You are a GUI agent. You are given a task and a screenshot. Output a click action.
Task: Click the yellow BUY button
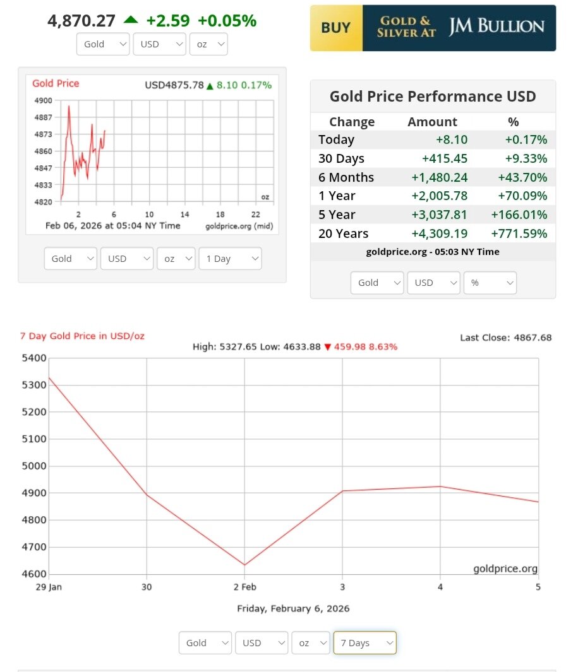pyautogui.click(x=336, y=28)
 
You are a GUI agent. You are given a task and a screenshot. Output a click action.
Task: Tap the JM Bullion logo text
pyautogui.click(x=497, y=27)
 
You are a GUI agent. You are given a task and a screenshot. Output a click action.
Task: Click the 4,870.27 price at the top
pyautogui.click(x=81, y=21)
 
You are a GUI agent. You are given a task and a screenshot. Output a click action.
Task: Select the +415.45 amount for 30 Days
pyautogui.click(x=445, y=158)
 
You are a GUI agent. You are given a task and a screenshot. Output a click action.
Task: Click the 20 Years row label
pyautogui.click(x=343, y=233)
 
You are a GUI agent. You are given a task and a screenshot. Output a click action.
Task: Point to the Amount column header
pyautogui.click(x=432, y=122)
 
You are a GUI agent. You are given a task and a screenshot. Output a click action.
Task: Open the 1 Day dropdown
pyautogui.click(x=230, y=259)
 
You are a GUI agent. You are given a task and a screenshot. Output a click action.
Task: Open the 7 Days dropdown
pyautogui.click(x=364, y=643)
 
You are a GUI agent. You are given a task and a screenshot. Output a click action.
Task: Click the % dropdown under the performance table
pyautogui.click(x=490, y=283)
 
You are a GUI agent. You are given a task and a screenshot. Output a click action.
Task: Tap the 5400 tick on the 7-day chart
pyautogui.click(x=34, y=358)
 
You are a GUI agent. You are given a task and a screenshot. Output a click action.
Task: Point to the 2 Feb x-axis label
pyautogui.click(x=244, y=587)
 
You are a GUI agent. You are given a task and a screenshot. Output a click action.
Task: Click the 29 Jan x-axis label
pyautogui.click(x=49, y=587)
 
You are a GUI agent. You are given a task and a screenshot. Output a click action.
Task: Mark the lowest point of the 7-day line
pyautogui.click(x=244, y=565)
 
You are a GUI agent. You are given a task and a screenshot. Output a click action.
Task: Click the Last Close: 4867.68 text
pyautogui.click(x=505, y=338)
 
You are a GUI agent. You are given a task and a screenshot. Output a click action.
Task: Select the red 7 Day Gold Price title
pyautogui.click(x=82, y=336)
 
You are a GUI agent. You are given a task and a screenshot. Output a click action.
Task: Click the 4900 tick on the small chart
pyautogui.click(x=44, y=101)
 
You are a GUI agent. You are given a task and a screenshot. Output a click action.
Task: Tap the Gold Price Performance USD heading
pyautogui.click(x=433, y=97)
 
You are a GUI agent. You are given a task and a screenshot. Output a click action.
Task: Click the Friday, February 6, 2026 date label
pyautogui.click(x=293, y=609)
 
